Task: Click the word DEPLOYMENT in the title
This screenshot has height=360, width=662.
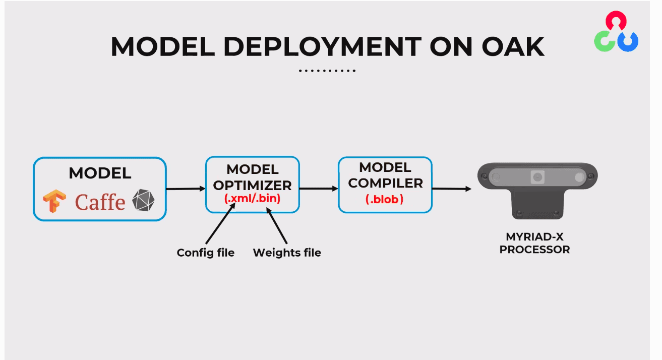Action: (322, 47)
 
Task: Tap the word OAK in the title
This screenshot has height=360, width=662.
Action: (513, 47)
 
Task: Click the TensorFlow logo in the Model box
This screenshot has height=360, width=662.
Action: (54, 201)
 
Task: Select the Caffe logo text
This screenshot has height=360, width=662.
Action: (100, 202)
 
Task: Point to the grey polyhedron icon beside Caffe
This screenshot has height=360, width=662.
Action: (143, 200)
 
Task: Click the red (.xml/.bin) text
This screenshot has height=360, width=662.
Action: (253, 198)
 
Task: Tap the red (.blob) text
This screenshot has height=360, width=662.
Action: (385, 199)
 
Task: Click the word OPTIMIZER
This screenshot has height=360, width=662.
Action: (253, 186)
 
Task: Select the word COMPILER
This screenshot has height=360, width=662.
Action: (385, 183)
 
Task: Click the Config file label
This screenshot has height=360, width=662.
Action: (206, 253)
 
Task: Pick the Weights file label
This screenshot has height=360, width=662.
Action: (287, 253)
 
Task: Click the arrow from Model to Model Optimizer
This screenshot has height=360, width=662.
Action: (186, 189)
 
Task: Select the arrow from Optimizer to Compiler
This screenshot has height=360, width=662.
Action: (319, 188)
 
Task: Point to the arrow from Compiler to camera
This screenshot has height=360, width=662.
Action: (452, 189)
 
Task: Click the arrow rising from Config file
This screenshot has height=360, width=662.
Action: (220, 223)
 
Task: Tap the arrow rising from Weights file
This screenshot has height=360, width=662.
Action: (277, 225)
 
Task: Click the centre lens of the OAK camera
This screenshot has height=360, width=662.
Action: (537, 177)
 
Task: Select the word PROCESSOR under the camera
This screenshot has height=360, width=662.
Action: (534, 250)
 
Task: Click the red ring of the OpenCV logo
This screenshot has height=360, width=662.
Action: (616, 20)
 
